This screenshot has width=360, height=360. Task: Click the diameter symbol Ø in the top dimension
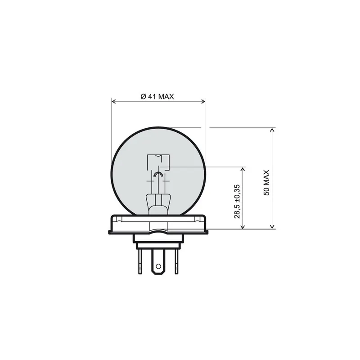[143, 96]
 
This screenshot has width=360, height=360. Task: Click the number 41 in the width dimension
[151, 96]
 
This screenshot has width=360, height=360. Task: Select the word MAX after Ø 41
[165, 96]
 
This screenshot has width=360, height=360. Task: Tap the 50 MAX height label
[266, 183]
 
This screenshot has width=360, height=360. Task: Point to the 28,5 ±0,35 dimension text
[237, 201]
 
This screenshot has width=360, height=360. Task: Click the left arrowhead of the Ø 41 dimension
[113, 101]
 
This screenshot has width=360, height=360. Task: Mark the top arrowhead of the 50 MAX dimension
[272, 130]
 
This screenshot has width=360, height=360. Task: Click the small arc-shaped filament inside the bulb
[158, 174]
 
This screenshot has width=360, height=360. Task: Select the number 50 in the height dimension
[266, 191]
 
